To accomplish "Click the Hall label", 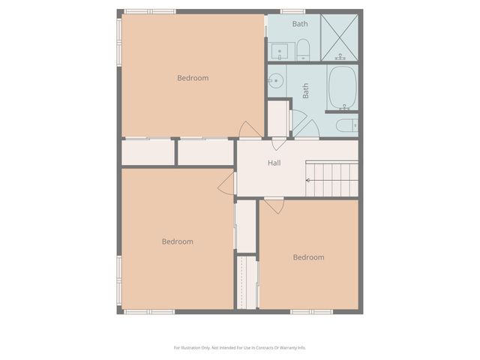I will [x=274, y=163].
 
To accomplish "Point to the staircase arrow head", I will [x=307, y=180].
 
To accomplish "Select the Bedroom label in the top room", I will [x=193, y=78].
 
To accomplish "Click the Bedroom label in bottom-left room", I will [x=178, y=241].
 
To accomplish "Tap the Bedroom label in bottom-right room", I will [x=308, y=257].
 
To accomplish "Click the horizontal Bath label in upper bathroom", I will [x=300, y=24].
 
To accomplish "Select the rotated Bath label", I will [x=306, y=91].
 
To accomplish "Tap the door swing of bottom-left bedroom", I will [x=226, y=184].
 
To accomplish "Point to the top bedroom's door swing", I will [x=250, y=130].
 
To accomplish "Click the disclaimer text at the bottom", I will [x=240, y=347].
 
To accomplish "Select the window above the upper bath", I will [x=292, y=11].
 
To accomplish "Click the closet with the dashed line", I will [x=247, y=281].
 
